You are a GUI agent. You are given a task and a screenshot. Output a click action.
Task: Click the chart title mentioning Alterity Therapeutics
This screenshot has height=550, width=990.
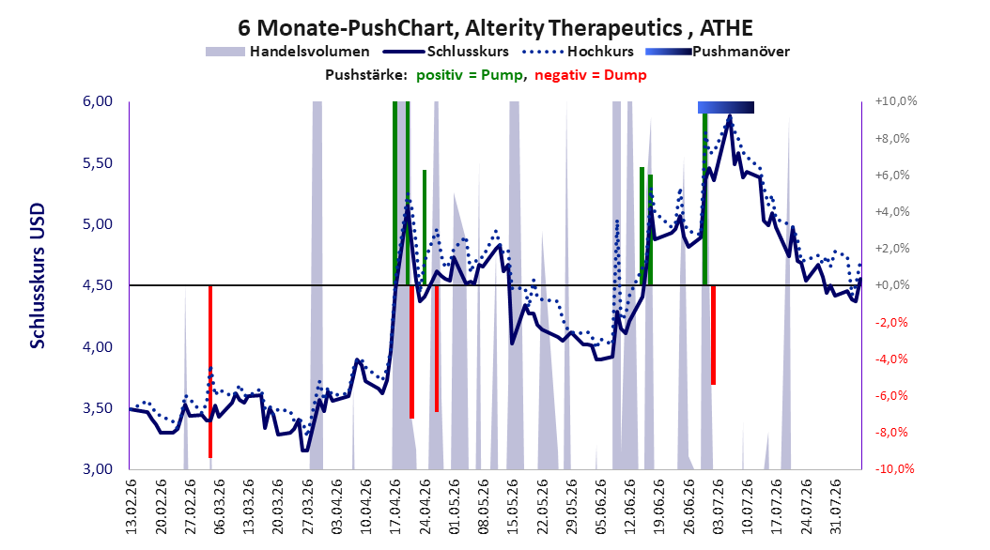pyautogui.click(x=495, y=28)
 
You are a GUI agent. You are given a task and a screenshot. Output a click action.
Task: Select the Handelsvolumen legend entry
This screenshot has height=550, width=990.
pyautogui.click(x=287, y=52)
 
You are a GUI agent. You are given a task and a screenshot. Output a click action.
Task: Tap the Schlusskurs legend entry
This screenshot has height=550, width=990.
pyautogui.click(x=446, y=52)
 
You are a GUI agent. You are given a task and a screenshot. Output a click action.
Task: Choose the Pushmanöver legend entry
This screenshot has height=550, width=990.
pyautogui.click(x=718, y=52)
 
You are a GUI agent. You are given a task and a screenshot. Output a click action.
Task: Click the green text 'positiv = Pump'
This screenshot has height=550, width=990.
pyautogui.click(x=470, y=75)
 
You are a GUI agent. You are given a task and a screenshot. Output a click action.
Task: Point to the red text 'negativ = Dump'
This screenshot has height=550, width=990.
pyautogui.click(x=591, y=75)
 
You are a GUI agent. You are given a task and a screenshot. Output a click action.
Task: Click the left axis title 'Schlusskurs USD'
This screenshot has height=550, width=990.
pyautogui.click(x=38, y=276)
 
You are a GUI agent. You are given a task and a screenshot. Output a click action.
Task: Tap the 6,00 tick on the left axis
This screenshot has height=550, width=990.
pyautogui.click(x=98, y=101)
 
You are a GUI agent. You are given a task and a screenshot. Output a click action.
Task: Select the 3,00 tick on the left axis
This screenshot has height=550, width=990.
pyautogui.click(x=98, y=469)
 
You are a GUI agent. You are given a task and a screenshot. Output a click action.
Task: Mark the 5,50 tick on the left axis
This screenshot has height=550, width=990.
pyautogui.click(x=98, y=162)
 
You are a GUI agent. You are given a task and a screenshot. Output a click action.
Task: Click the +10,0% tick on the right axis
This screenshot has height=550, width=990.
pyautogui.click(x=895, y=101)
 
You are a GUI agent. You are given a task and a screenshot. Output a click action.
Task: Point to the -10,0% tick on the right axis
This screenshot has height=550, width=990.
pyautogui.click(x=895, y=468)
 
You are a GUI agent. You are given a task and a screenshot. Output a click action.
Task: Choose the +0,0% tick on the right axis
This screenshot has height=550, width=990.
pyautogui.click(x=892, y=285)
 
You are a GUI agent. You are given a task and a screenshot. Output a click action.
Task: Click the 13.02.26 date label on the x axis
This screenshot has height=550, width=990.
pyautogui.click(x=131, y=507)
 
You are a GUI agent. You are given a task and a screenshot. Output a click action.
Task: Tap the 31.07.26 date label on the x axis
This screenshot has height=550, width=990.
pyautogui.click(x=835, y=507)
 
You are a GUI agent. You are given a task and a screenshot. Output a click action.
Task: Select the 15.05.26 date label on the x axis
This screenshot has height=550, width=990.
pyautogui.click(x=513, y=507)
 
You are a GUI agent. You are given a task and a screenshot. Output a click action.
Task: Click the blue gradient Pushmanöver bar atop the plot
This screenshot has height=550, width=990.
pyautogui.click(x=725, y=107)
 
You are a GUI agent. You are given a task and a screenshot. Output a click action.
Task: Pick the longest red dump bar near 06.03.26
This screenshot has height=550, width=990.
pyautogui.click(x=210, y=372)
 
